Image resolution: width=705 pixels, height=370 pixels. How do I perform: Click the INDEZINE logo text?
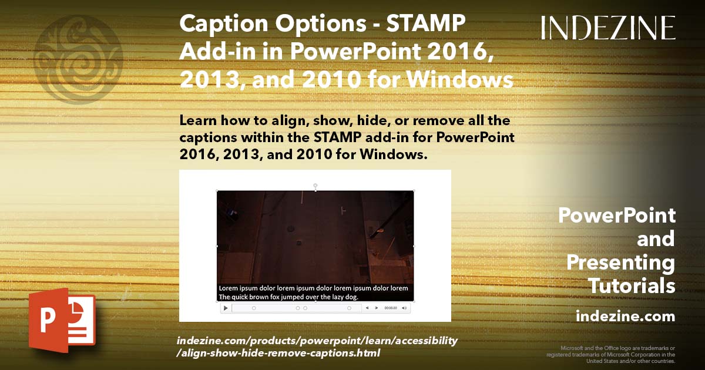pos(608,28)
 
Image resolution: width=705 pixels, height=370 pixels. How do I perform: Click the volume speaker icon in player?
pos(404,308)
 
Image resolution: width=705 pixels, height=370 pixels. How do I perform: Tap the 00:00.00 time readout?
pos(391,308)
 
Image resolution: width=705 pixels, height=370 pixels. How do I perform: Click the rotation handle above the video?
pos(315,186)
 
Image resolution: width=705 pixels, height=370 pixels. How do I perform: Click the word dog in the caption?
pos(351,297)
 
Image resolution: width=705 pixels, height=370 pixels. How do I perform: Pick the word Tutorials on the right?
pos(632,286)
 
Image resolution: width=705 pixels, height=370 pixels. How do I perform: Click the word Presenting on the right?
pos(620,263)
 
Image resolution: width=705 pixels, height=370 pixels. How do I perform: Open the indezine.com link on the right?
pos(625,317)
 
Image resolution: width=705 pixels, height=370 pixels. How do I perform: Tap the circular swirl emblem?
pos(78,60)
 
